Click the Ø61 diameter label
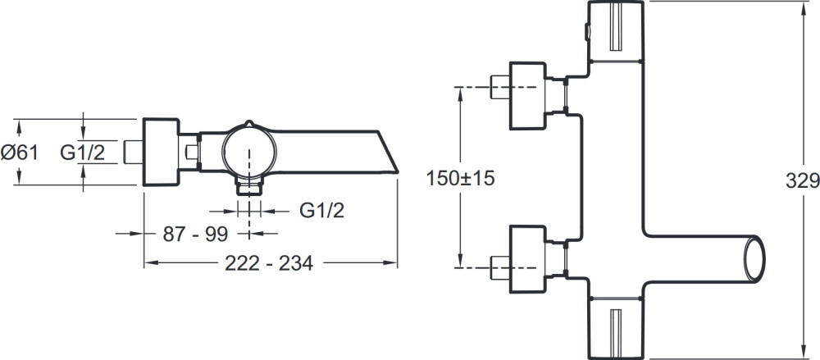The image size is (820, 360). pyautogui.click(x=20, y=153)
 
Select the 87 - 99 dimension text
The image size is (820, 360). pyautogui.click(x=196, y=235)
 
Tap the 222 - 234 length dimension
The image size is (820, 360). pyautogui.click(x=269, y=263)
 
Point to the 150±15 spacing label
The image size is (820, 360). pyautogui.click(x=460, y=179)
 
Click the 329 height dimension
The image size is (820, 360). pyautogui.click(x=803, y=180)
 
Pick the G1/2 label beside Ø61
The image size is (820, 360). pyautogui.click(x=82, y=153)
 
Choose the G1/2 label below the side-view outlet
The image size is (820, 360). pyautogui.click(x=322, y=211)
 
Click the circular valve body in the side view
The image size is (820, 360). pyautogui.click(x=249, y=152)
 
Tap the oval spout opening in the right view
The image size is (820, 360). pyautogui.click(x=754, y=259)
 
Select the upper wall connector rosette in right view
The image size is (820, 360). pyautogui.click(x=527, y=96)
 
